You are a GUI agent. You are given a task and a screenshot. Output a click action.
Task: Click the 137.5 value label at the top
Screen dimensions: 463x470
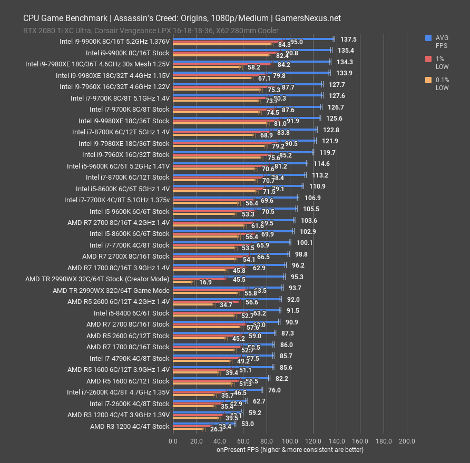coord(348,39)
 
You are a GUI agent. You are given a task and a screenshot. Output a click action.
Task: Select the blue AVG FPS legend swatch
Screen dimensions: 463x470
coord(429,38)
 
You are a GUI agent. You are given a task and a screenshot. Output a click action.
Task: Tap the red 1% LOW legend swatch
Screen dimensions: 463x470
coord(429,60)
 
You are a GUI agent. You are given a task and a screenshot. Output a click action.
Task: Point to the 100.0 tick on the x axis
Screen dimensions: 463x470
coord(290,441)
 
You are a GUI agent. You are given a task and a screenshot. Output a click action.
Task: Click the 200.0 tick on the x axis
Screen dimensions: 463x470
coord(407,441)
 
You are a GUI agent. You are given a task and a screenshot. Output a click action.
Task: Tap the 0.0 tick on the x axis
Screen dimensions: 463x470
coord(173,441)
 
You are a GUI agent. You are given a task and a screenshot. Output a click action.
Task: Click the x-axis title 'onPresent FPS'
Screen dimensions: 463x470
coord(290,449)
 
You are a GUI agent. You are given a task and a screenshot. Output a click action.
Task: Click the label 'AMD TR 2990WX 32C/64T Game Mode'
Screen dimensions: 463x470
coord(111,290)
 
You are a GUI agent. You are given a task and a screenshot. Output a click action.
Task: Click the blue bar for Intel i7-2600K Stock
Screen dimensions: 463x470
coord(209,401)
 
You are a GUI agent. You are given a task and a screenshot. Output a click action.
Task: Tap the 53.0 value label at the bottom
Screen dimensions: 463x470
coord(248,423)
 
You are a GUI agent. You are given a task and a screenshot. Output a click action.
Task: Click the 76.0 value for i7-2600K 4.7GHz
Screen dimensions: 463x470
coord(275,390)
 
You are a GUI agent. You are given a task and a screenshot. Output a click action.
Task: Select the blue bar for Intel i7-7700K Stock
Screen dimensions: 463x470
coord(231,242)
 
